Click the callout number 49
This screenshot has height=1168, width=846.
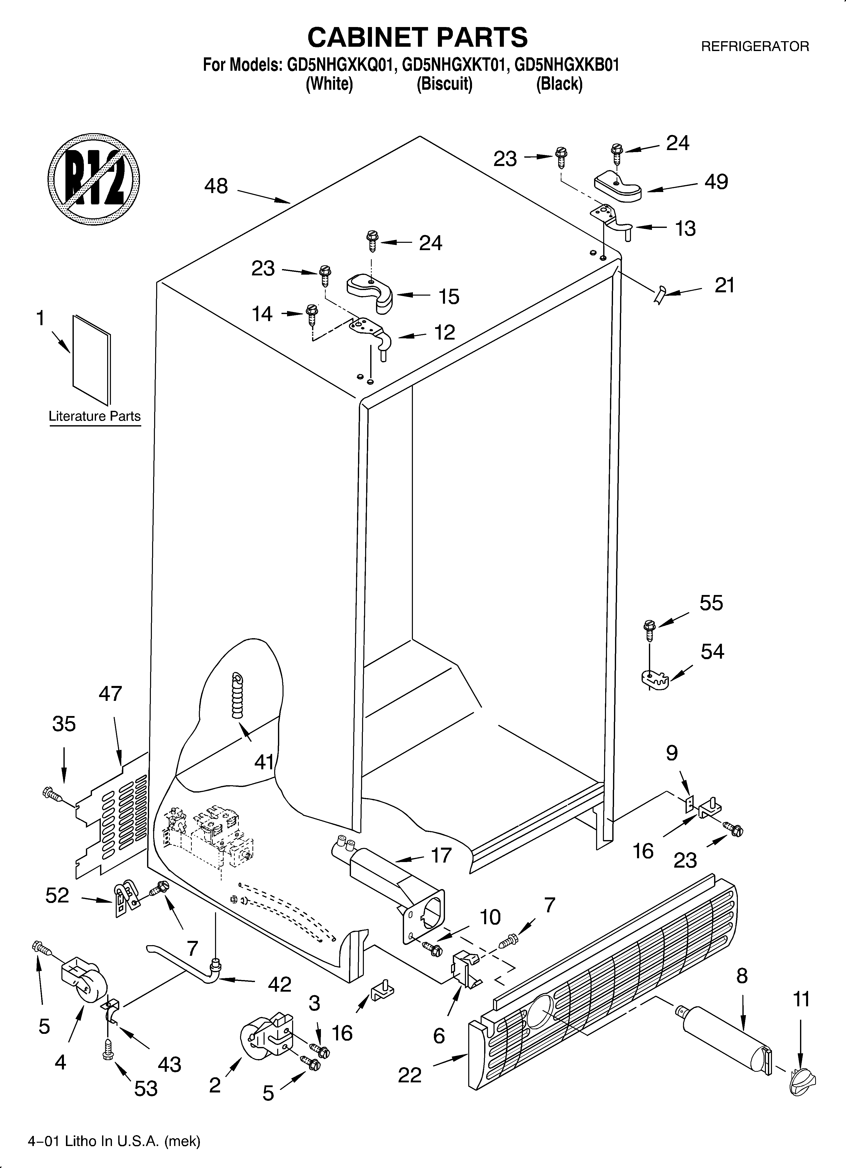pos(716,182)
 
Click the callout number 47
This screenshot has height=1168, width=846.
pos(110,694)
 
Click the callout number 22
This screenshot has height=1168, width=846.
pos(410,1075)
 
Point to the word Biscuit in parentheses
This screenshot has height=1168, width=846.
pos(444,83)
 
